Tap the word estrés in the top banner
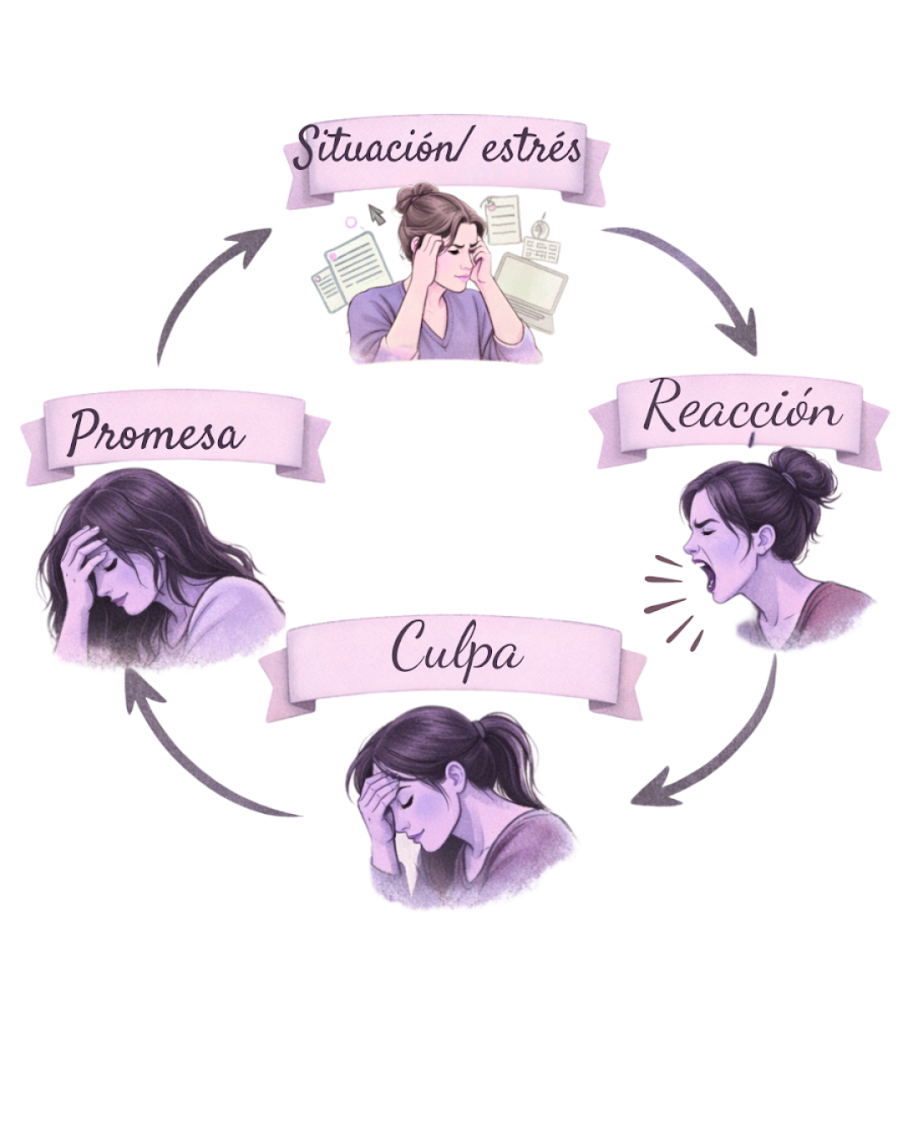532,150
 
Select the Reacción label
742,410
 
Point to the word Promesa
156,433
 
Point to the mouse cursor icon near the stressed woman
376,215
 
